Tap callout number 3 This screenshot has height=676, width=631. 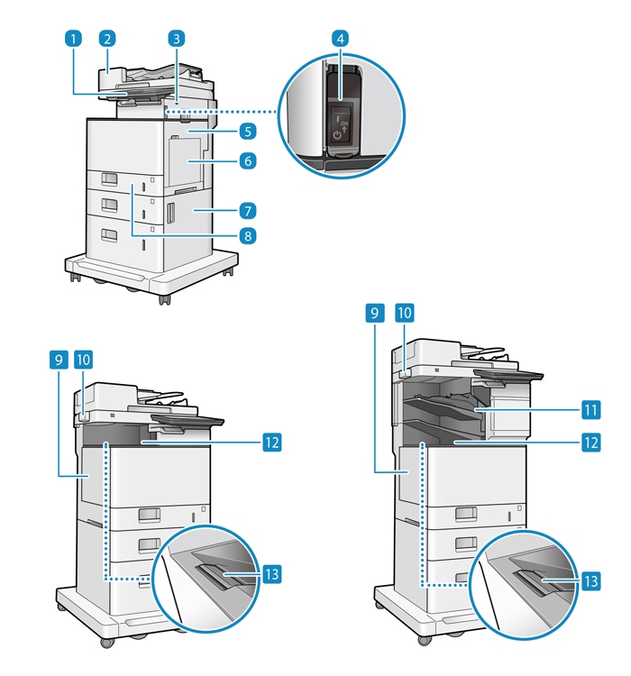pyautogui.click(x=178, y=39)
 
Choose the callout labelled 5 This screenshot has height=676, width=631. pyautogui.click(x=247, y=130)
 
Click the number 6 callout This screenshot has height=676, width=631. pyautogui.click(x=247, y=162)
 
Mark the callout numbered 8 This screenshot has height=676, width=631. pyautogui.click(x=247, y=235)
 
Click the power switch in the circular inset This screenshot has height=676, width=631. pyautogui.click(x=343, y=121)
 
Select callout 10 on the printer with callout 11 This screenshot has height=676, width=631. pyautogui.click(x=405, y=313)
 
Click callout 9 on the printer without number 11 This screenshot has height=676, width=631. pyautogui.click(x=57, y=360)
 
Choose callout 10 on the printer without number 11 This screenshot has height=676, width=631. pyautogui.click(x=86, y=360)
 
